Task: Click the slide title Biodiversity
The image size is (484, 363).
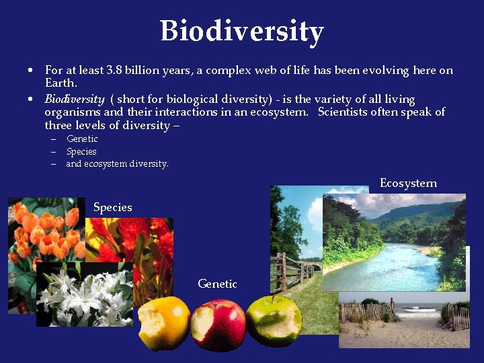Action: pos(242,31)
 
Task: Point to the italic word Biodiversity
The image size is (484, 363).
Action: pos(74,99)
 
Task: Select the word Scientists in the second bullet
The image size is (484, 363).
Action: pos(346,112)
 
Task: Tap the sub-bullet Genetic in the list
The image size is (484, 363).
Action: pos(82,138)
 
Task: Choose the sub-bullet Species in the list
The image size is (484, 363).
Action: pos(81,151)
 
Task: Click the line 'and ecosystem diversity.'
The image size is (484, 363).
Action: pos(117,163)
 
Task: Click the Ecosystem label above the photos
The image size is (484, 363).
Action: pos(408,183)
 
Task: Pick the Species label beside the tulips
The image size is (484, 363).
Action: pos(112,207)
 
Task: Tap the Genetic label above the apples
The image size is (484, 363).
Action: pos(217,284)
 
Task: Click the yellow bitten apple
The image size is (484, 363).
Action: pos(164,322)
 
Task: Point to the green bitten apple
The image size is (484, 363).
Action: pos(274,321)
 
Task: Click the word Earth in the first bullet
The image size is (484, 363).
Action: pos(61,83)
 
